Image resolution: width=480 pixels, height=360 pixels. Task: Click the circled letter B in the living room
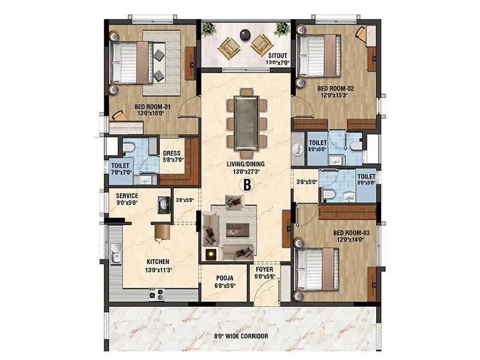point(245,185)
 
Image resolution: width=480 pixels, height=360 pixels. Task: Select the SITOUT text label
point(277,55)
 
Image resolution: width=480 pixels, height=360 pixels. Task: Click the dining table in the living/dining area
point(245,118)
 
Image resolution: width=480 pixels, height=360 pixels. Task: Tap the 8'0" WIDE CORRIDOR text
point(241,337)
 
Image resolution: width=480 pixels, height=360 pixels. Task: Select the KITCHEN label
point(157,262)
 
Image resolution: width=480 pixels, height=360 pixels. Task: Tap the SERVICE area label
point(127,196)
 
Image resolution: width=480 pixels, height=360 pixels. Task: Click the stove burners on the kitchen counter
point(157,294)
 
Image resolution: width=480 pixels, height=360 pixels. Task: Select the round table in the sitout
point(245,34)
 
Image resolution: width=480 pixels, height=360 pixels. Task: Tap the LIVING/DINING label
point(245,163)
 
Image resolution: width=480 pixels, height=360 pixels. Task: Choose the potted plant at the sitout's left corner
point(208,28)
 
